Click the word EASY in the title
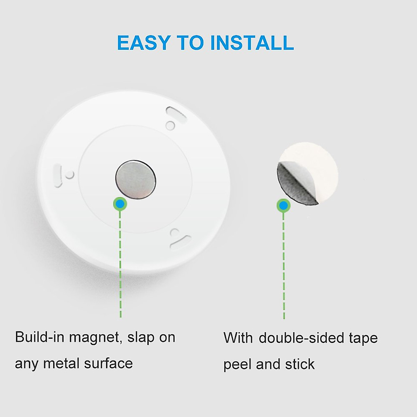click(x=143, y=43)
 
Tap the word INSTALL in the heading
click(x=252, y=43)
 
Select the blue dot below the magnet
click(x=120, y=204)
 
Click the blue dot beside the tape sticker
click(x=284, y=206)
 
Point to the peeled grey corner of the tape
click(x=295, y=184)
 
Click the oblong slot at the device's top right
click(x=177, y=115)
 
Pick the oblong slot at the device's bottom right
click(x=181, y=242)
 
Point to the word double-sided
click(x=299, y=338)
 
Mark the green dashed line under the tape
click(x=284, y=264)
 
